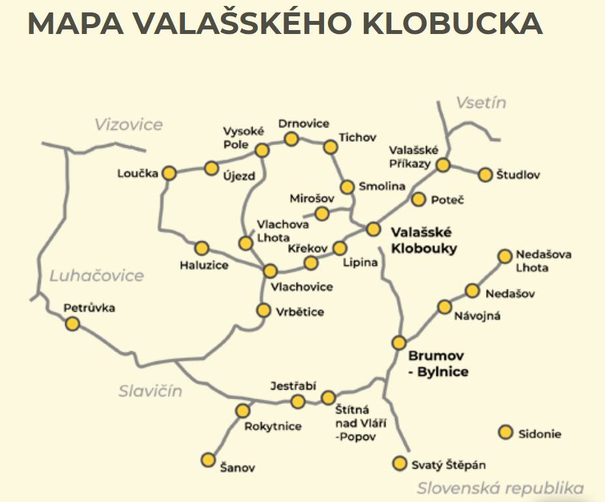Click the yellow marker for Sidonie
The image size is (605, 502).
click(505, 432)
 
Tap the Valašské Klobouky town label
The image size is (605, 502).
click(423, 240)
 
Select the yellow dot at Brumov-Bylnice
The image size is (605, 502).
click(399, 343)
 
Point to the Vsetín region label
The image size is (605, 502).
click(481, 103)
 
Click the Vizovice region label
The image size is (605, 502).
click(128, 124)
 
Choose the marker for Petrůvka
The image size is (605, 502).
click(73, 323)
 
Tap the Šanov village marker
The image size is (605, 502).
click(208, 460)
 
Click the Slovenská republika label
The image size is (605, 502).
click(500, 488)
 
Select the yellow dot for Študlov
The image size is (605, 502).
click(485, 175)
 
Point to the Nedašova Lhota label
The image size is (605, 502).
click(544, 261)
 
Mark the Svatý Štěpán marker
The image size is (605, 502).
click(399, 463)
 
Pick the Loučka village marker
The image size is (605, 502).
click(169, 173)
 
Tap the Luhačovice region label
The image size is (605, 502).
click(97, 275)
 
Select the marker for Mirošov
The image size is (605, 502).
click(321, 213)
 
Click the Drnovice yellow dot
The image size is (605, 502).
click(291, 139)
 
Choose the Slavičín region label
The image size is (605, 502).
click(150, 391)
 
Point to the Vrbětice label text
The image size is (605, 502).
click(300, 312)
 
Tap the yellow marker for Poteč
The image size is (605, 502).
click(419, 199)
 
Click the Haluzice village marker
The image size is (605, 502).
click(201, 248)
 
